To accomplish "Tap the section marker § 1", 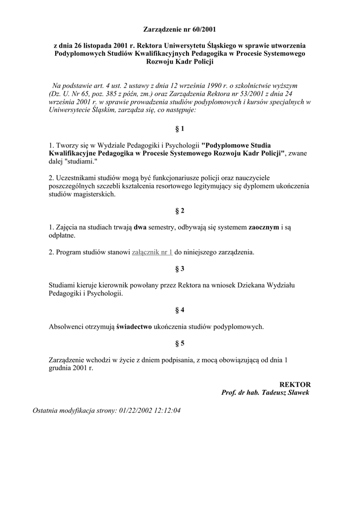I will point(180,129).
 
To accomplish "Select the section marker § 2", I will point(180,211).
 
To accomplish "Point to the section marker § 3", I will point(180,269).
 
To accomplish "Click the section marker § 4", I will point(180,310).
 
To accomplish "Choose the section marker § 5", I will point(180,343).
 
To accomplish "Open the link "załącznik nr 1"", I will point(152,253).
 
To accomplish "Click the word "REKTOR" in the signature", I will point(295,385).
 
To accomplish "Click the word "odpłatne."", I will point(62,235).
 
